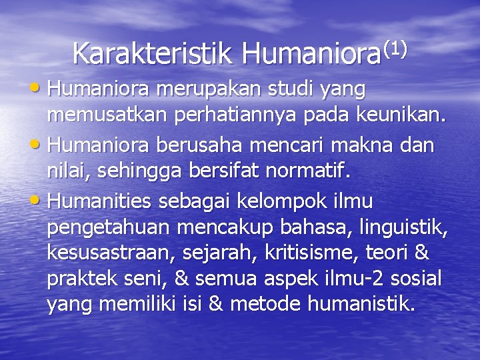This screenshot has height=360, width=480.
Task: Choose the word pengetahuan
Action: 109,229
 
